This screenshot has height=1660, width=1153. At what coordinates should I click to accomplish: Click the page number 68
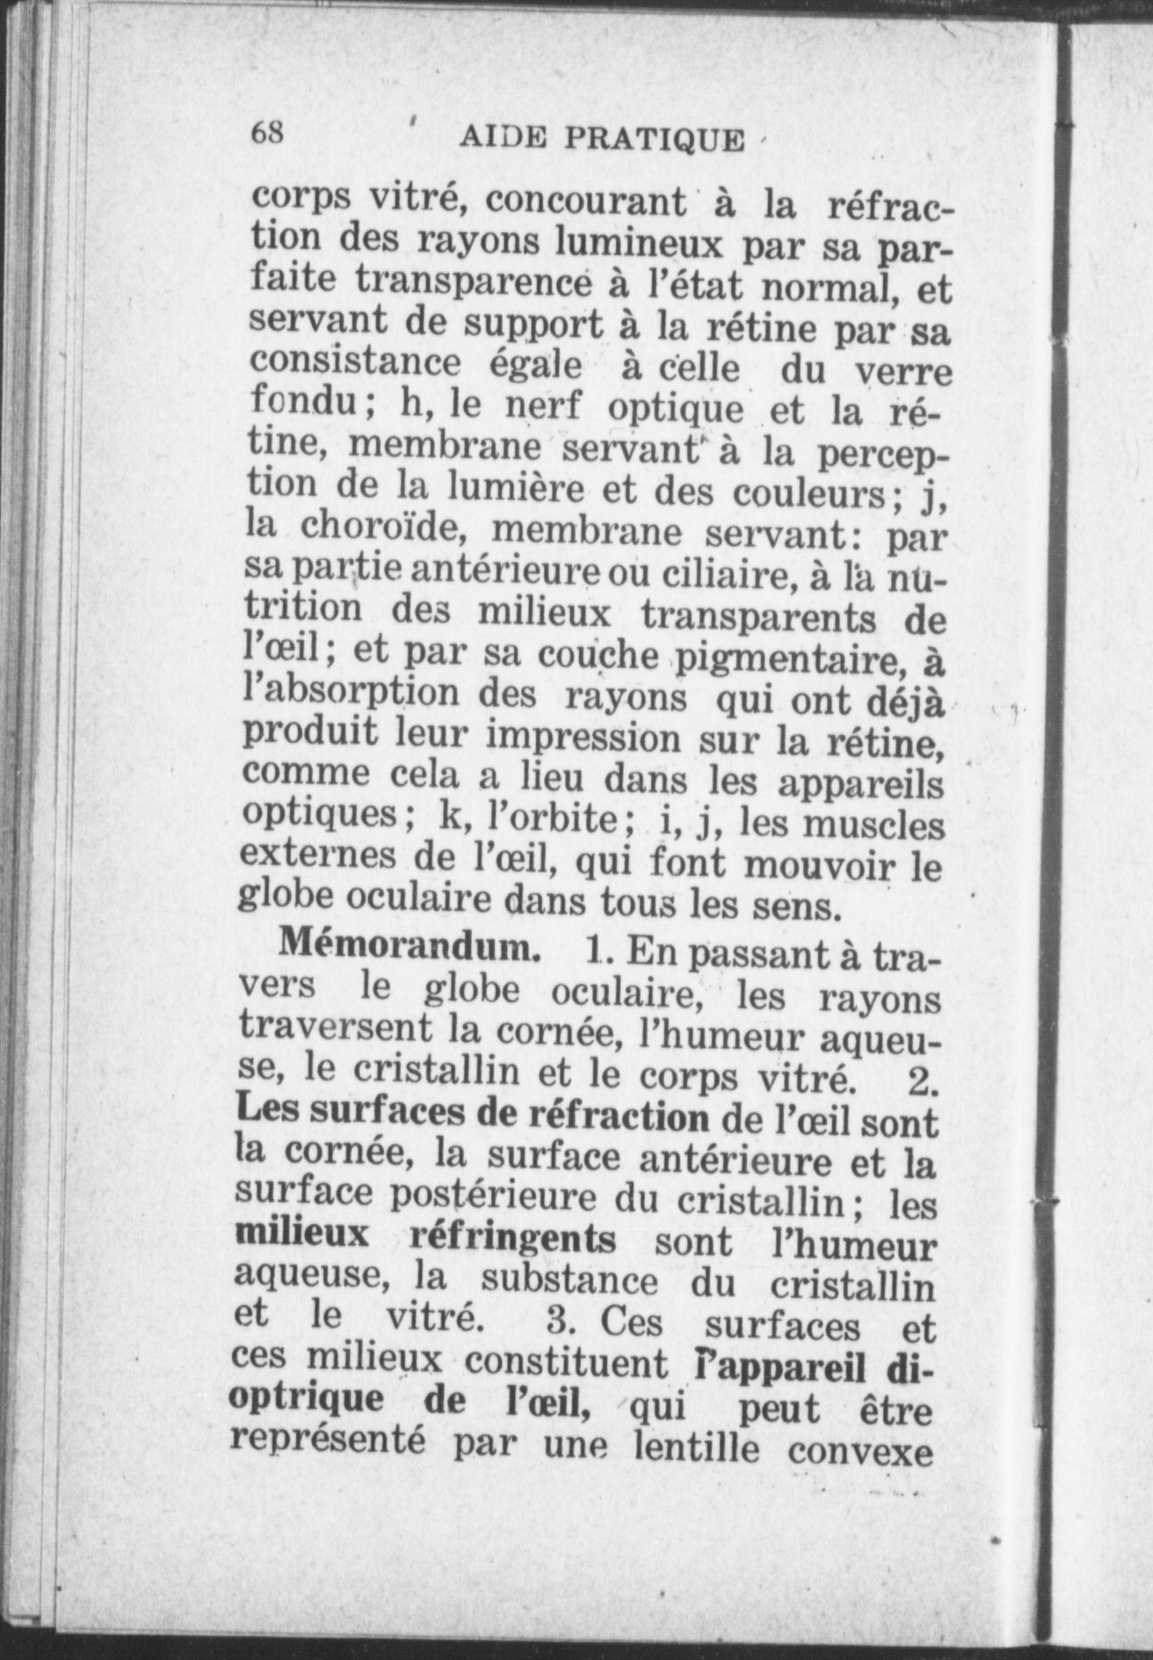266,133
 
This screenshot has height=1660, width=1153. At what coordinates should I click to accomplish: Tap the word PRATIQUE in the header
653,139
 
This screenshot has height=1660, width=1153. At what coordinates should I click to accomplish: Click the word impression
584,738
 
